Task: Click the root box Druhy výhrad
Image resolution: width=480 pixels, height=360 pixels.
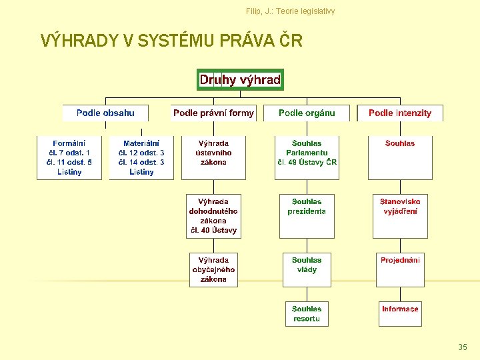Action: pyautogui.click(x=240, y=80)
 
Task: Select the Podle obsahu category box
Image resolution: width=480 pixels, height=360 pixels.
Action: pyautogui.click(x=105, y=113)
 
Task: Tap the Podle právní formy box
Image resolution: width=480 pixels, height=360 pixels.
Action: pyautogui.click(x=213, y=113)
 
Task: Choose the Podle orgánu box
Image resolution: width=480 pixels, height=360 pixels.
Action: pyautogui.click(x=307, y=113)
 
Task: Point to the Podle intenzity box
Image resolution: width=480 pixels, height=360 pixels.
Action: pyautogui.click(x=400, y=113)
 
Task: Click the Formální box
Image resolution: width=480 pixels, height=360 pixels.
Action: pyautogui.click(x=69, y=157)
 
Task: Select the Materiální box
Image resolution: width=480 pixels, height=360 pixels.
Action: pyautogui.click(x=141, y=157)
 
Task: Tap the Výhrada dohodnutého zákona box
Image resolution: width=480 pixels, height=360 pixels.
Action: pyautogui.click(x=213, y=216)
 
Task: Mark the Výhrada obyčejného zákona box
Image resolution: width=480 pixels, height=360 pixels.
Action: pyautogui.click(x=213, y=270)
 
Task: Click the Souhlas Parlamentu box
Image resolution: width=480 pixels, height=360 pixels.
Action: pyautogui.click(x=307, y=157)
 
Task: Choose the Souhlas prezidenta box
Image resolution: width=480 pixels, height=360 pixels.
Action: pyautogui.click(x=307, y=216)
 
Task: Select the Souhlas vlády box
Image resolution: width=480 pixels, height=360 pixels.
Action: pyautogui.click(x=307, y=270)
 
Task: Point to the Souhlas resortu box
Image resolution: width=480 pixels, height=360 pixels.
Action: pyautogui.click(x=307, y=314)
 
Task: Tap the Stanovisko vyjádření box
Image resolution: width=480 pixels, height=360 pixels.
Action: pyautogui.click(x=400, y=216)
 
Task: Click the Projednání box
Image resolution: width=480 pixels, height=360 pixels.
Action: pyautogui.click(x=400, y=270)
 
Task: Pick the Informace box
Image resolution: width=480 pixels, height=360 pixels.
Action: pyautogui.click(x=400, y=314)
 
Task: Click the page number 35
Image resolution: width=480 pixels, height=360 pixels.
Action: pyautogui.click(x=463, y=347)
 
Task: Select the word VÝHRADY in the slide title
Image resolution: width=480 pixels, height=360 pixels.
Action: pyautogui.click(x=79, y=41)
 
